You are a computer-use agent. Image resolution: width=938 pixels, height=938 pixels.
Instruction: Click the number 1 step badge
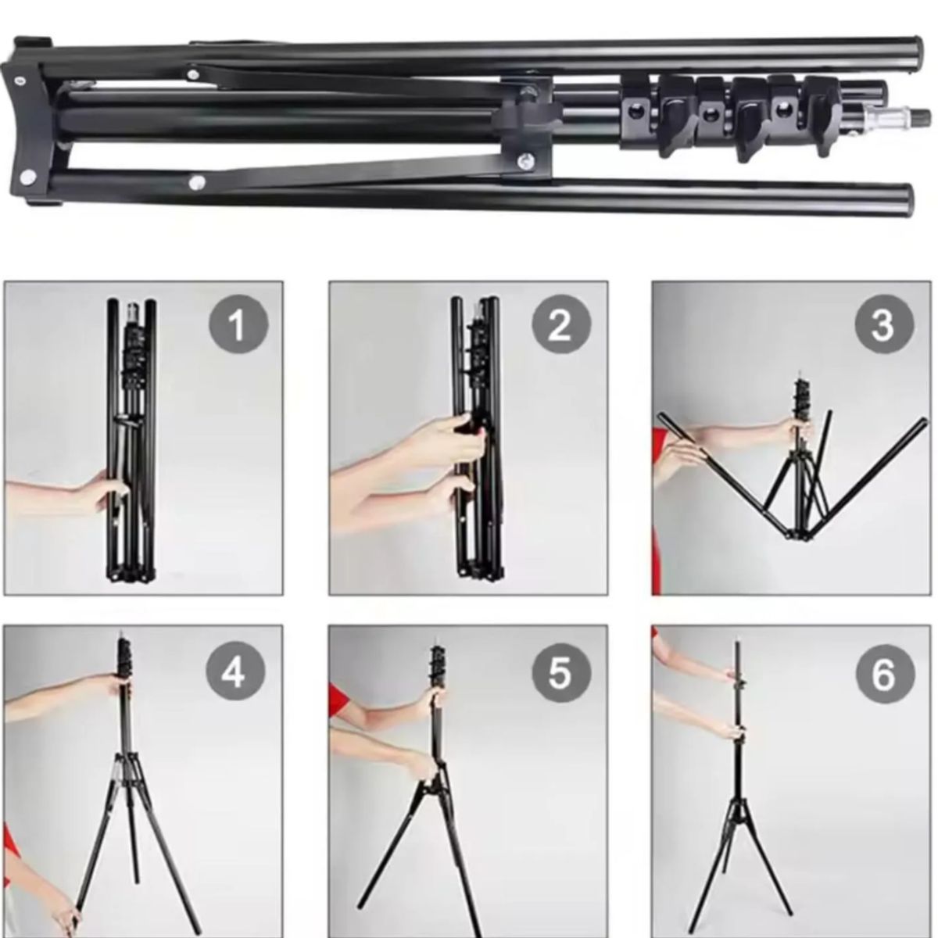[x=238, y=324]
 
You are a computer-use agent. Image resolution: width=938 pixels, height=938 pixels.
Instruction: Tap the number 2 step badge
[x=561, y=324]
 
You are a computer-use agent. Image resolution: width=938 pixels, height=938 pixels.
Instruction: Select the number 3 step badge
[x=884, y=324]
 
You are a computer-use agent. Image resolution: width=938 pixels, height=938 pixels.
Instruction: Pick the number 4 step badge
[x=235, y=673]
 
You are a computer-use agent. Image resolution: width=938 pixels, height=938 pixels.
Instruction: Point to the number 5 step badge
[x=561, y=673]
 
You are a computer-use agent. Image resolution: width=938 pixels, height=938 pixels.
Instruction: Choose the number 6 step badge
[x=884, y=674]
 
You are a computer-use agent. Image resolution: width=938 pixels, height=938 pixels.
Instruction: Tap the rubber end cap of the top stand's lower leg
[x=901, y=199]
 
